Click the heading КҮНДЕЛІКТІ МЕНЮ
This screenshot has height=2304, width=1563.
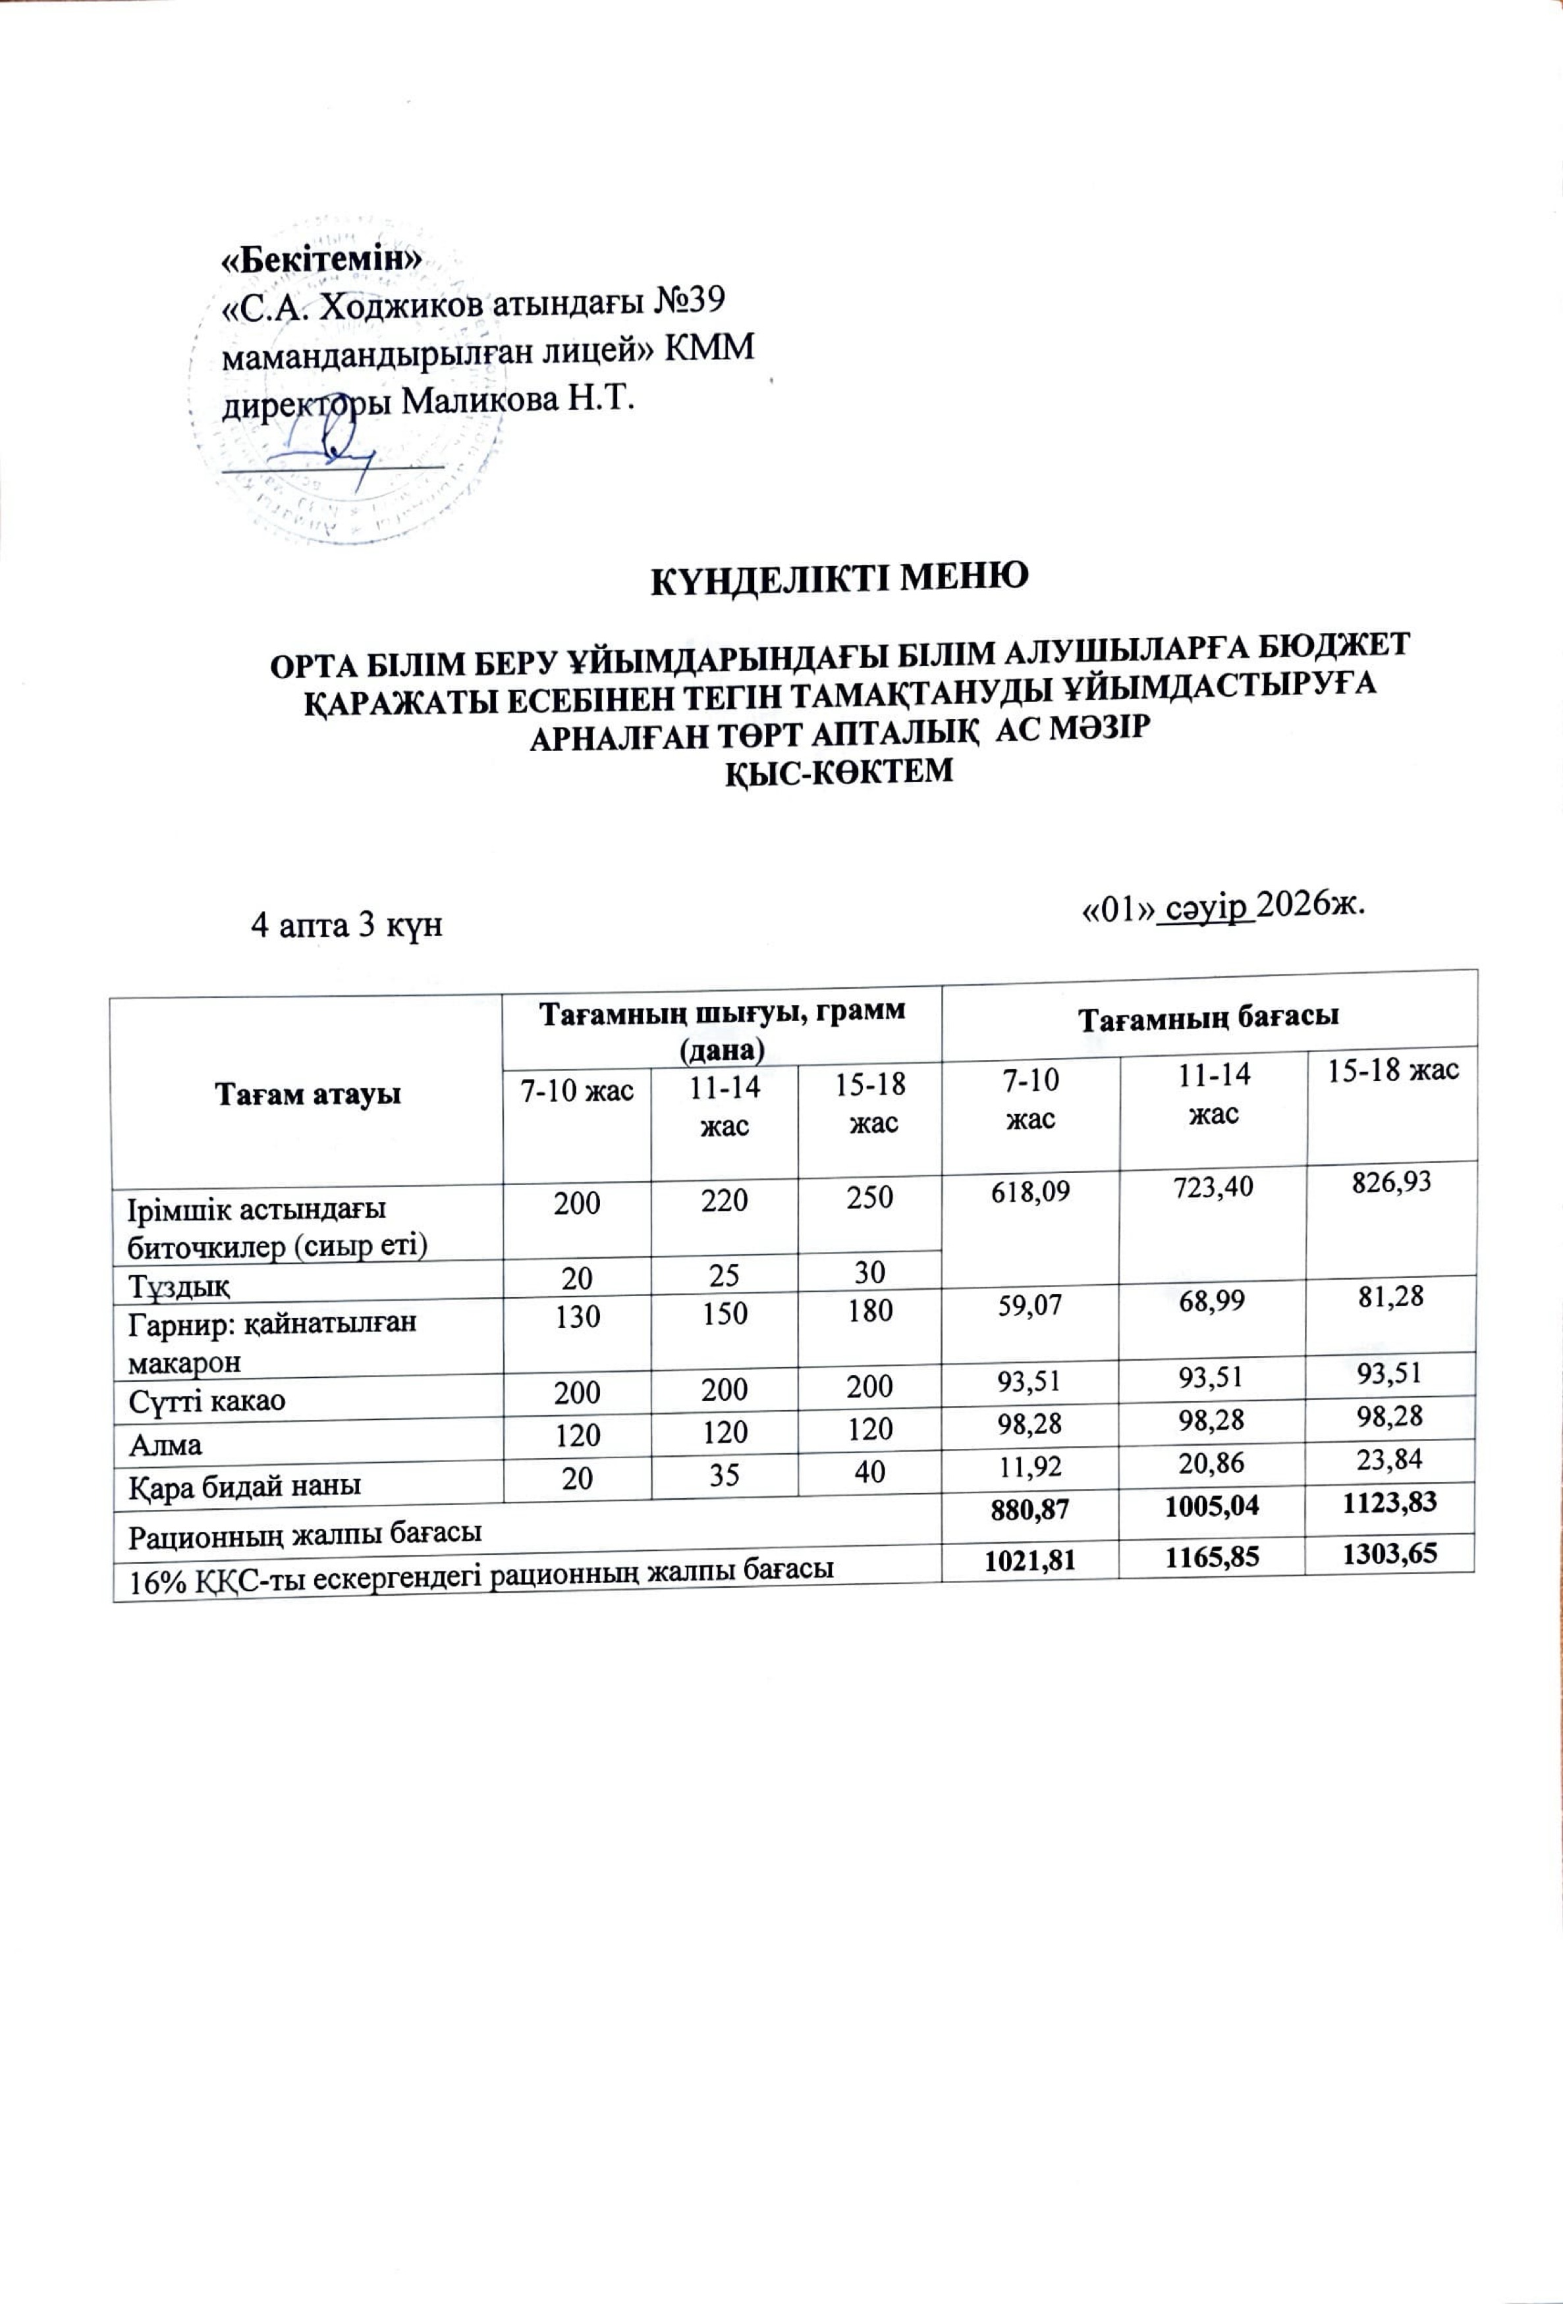point(837,578)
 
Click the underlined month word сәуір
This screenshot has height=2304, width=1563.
point(1205,907)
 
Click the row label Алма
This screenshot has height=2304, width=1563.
point(165,1444)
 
